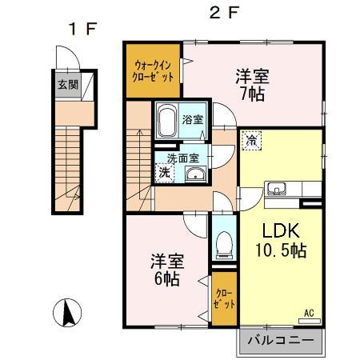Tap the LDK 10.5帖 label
pyautogui.click(x=277, y=239)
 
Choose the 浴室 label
pyautogui.click(x=192, y=120)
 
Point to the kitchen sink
pyautogui.click(x=278, y=190)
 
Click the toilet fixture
pyautogui.click(x=224, y=242)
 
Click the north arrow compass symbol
pyautogui.click(x=69, y=313)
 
